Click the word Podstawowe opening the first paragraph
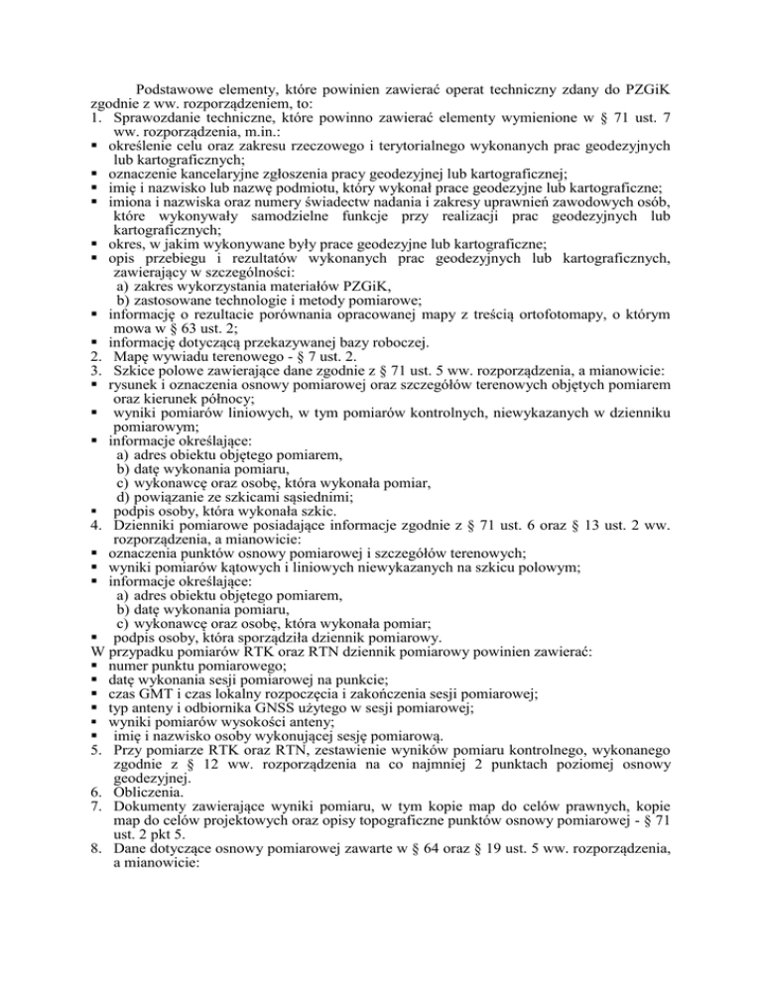click(177, 86)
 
